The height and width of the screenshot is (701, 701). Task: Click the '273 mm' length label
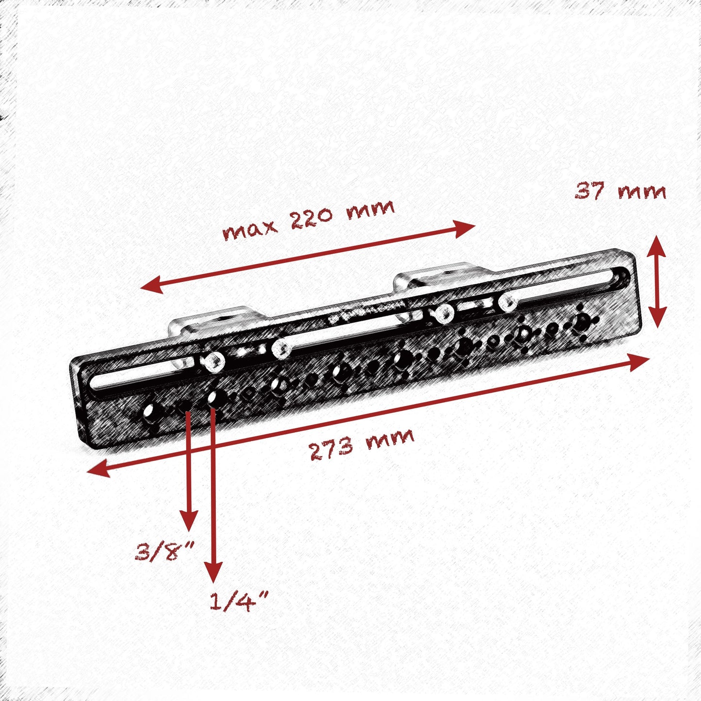pos(361,444)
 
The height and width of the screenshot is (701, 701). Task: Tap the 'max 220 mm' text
pos(309,220)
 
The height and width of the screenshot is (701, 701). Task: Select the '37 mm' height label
pos(620,192)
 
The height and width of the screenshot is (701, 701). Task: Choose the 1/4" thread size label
pos(238,602)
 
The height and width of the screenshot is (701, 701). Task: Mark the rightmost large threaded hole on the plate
pos(581,321)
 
